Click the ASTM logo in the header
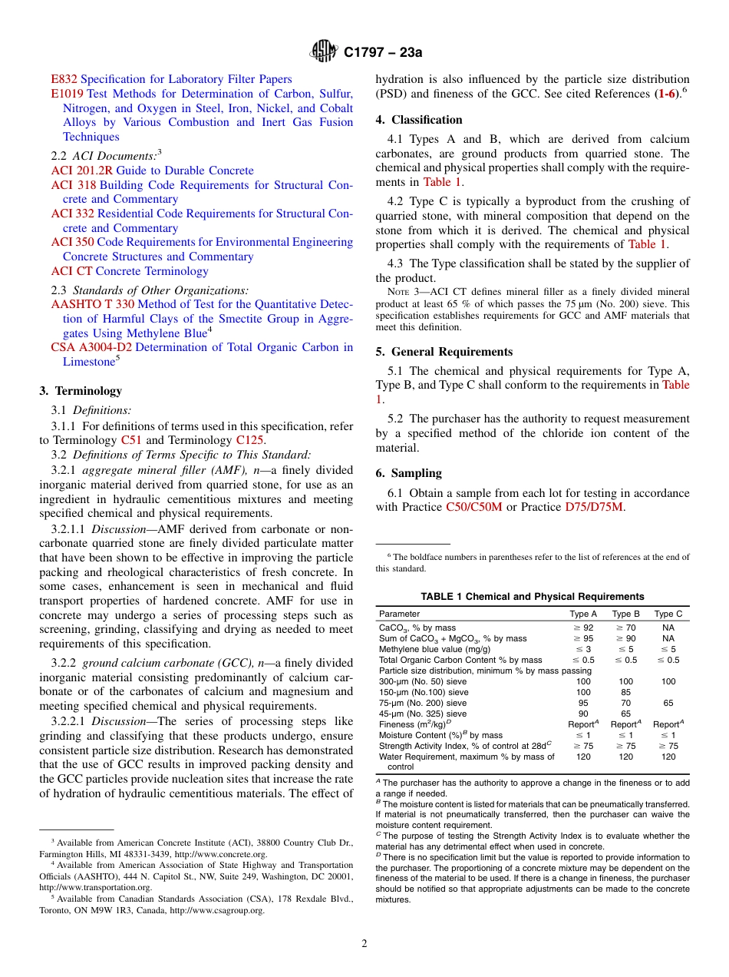pyautogui.click(x=323, y=52)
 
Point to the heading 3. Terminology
pyautogui.click(x=81, y=391)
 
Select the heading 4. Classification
pyautogui.click(x=419, y=120)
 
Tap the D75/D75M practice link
pyautogui.click(x=594, y=507)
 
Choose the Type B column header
pyautogui.click(x=626, y=614)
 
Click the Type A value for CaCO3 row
pyautogui.click(x=583, y=628)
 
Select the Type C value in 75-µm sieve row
pyautogui.click(x=668, y=703)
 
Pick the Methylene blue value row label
pyautogui.click(x=427, y=649)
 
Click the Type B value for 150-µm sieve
pyautogui.click(x=626, y=692)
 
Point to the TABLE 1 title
pyautogui.click(x=532, y=597)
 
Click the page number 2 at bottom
pyautogui.click(x=364, y=944)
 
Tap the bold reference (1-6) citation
pyautogui.click(x=667, y=94)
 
